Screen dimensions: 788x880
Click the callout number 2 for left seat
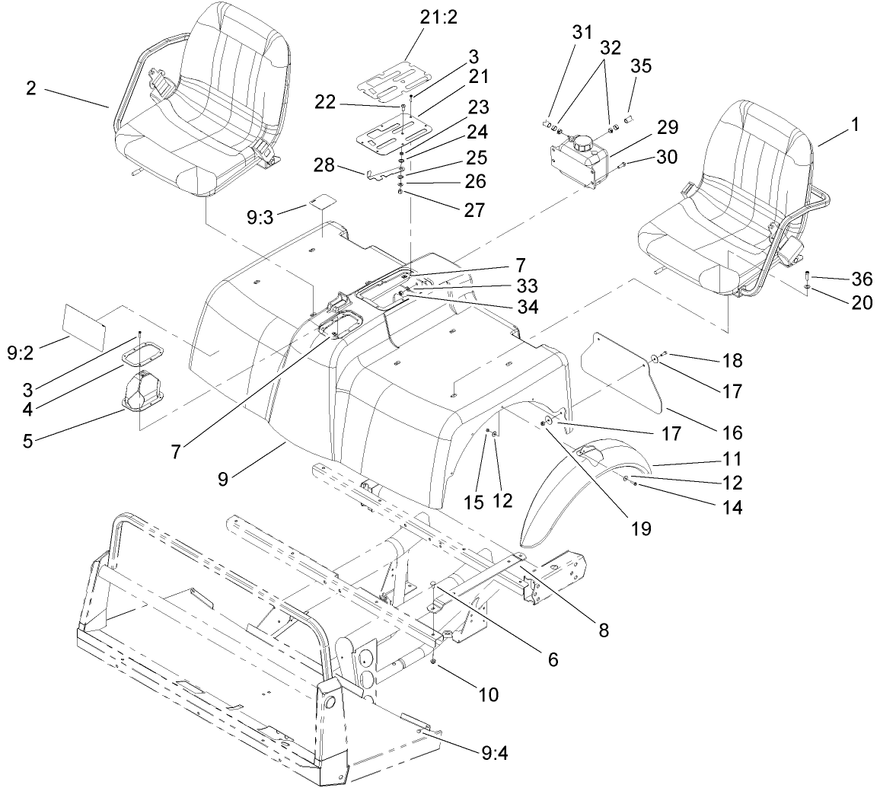(x=31, y=88)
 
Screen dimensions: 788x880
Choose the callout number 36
(x=862, y=278)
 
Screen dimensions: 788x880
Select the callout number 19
(x=641, y=528)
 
